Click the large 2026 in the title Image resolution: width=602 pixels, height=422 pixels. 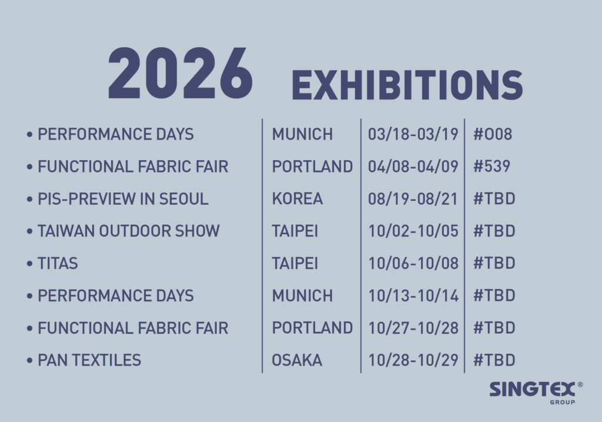click(x=180, y=74)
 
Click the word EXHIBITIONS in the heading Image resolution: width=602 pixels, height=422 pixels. click(x=407, y=85)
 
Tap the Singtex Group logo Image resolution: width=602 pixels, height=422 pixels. click(x=536, y=393)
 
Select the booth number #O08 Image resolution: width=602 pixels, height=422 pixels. click(x=493, y=134)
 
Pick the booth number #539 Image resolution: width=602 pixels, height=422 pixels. click(x=492, y=167)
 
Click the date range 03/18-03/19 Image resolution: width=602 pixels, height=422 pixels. click(x=413, y=134)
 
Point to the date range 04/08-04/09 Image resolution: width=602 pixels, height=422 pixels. click(x=413, y=167)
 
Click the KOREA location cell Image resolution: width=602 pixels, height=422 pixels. click(x=297, y=199)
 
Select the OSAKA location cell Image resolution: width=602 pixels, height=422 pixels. click(x=297, y=361)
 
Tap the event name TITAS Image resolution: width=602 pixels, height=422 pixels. click(x=58, y=264)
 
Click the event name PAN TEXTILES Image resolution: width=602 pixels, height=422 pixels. click(x=89, y=361)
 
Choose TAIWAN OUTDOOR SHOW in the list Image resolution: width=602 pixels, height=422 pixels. click(x=129, y=231)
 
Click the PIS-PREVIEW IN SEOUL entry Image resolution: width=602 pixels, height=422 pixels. click(x=123, y=199)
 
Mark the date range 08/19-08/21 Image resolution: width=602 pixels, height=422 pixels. click(x=413, y=199)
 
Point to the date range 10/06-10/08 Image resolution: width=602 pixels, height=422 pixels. click(x=413, y=264)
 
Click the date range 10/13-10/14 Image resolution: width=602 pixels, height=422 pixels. click(x=413, y=296)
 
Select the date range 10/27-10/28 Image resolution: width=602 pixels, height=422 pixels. click(x=413, y=328)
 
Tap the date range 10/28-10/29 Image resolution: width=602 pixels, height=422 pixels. click(x=413, y=361)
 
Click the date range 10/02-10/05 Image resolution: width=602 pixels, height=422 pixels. click(x=413, y=231)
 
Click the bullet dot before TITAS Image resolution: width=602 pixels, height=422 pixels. click(x=29, y=264)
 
